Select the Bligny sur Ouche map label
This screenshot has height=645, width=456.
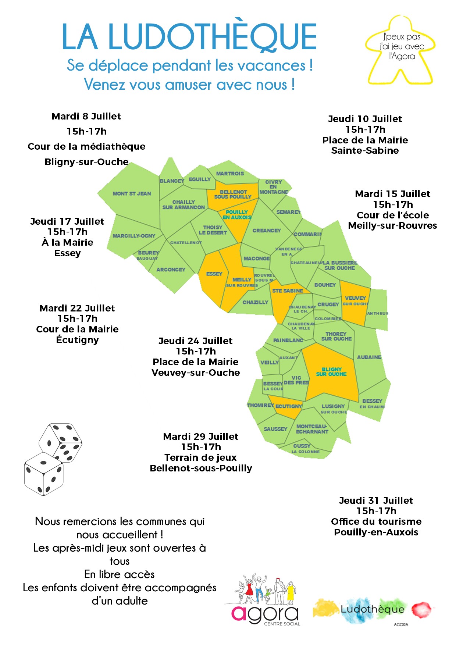[331, 372]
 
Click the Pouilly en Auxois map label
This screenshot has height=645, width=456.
[237, 215]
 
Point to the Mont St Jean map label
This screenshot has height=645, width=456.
[132, 193]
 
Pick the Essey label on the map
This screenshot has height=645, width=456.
[214, 274]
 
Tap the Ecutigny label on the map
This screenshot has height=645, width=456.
[289, 406]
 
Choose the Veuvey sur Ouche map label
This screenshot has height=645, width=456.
[355, 300]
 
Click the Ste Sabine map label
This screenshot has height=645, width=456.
[288, 291]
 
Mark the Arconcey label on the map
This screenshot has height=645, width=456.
[171, 270]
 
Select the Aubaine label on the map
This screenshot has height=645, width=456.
[369, 357]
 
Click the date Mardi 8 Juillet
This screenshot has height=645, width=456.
[86, 117]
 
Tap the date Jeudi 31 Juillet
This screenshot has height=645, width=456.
[376, 500]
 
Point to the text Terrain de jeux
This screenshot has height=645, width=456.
[200, 457]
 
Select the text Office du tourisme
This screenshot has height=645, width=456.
[376, 521]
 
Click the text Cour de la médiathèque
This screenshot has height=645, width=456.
[86, 146]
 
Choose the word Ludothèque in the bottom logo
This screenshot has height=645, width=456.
[372, 609]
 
